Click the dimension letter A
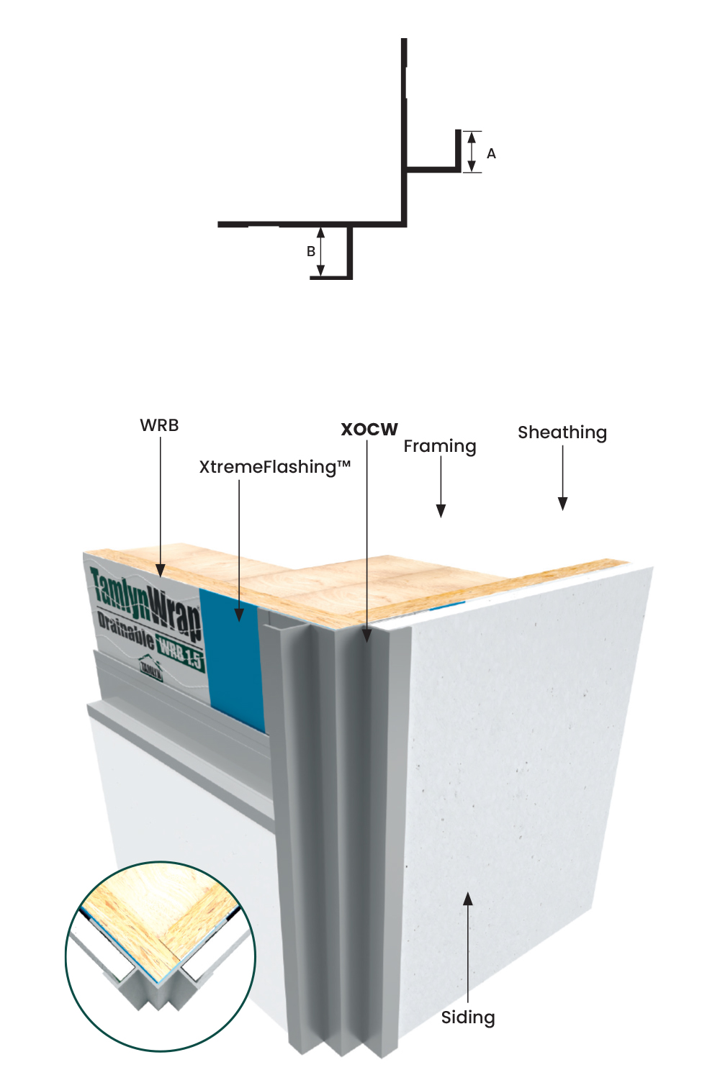click(491, 153)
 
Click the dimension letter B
click(311, 251)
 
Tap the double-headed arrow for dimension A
click(472, 152)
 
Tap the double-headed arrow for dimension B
click(321, 251)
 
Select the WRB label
click(159, 425)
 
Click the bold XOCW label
click(369, 430)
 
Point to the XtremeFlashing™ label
click(274, 467)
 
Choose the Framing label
click(439, 446)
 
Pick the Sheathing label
click(562, 432)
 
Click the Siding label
click(468, 1017)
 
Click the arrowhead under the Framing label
click(441, 510)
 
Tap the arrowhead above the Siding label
click(468, 899)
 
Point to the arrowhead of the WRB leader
click(161, 571)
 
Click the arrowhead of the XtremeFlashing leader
click(239, 614)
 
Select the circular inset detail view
click(161, 956)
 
